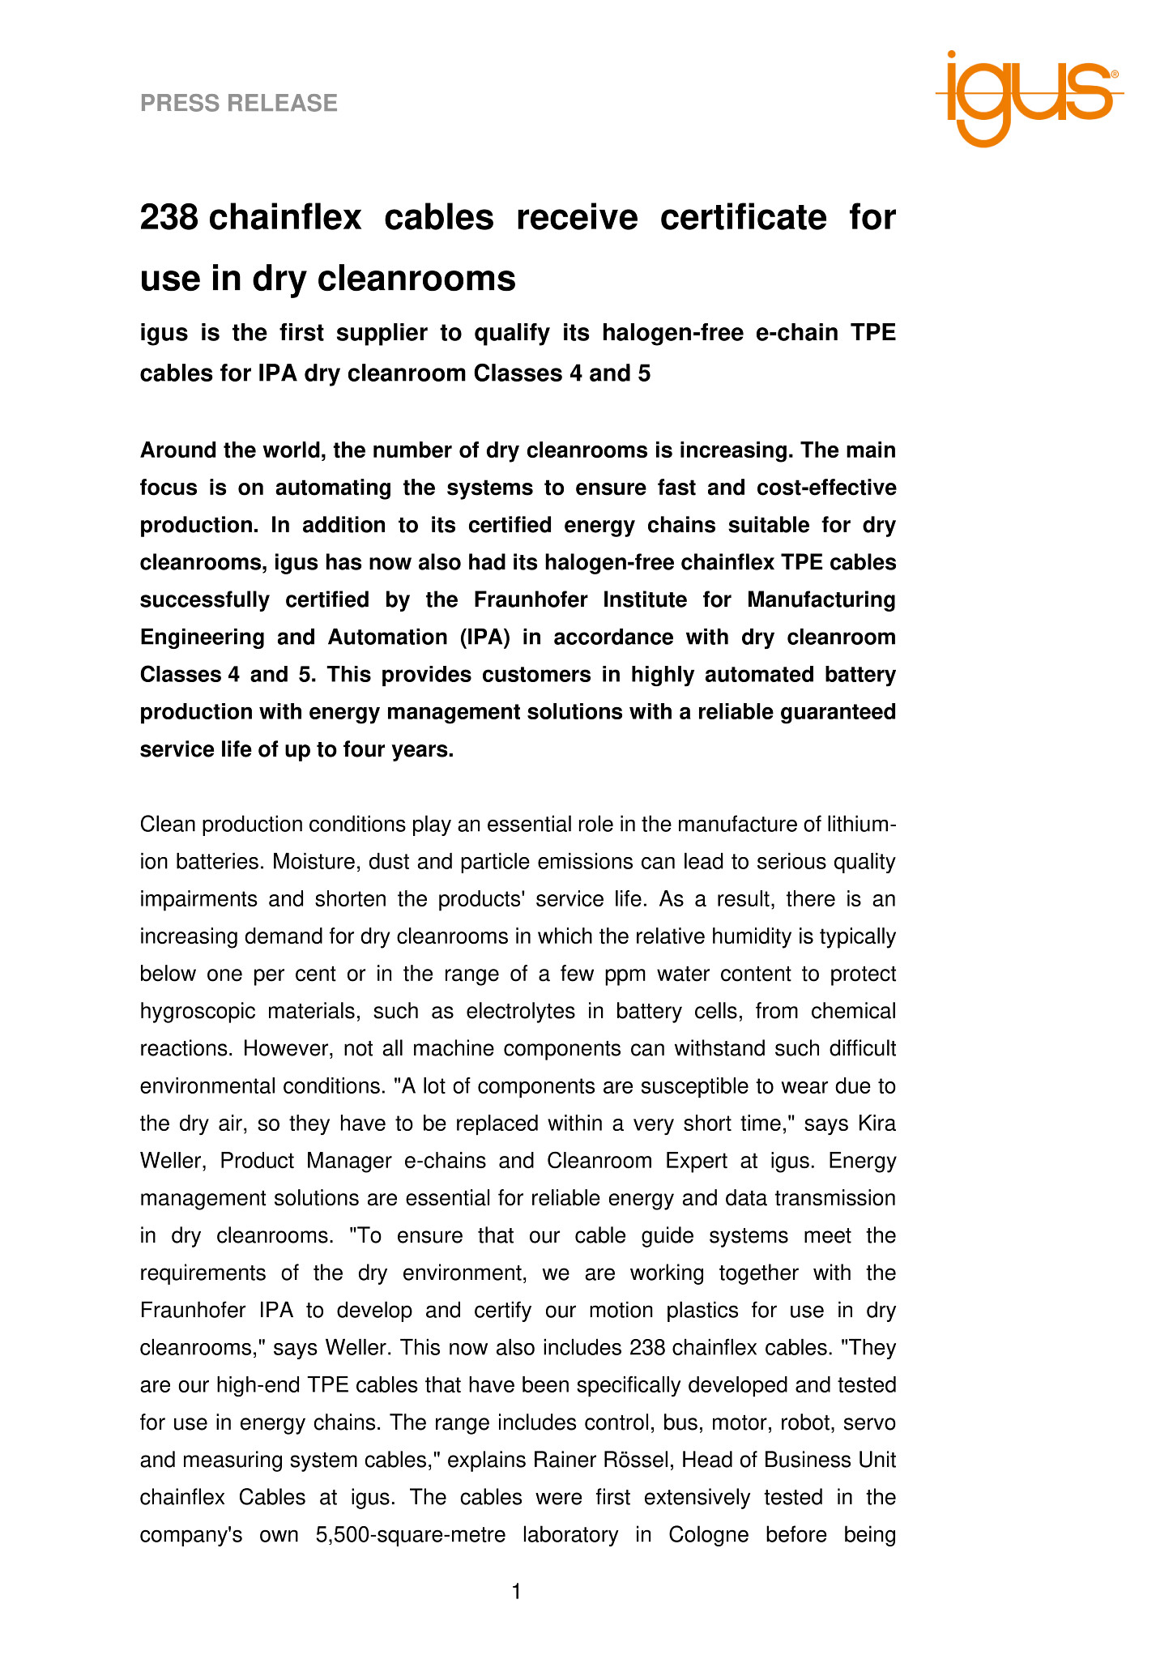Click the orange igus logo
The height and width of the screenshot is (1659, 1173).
1029,97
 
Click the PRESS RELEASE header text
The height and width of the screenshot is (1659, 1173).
239,103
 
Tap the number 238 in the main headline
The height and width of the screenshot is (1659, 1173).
169,218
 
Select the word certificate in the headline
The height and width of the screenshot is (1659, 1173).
744,218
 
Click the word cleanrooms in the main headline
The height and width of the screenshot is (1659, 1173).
416,279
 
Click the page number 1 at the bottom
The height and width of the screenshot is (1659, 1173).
517,1593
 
